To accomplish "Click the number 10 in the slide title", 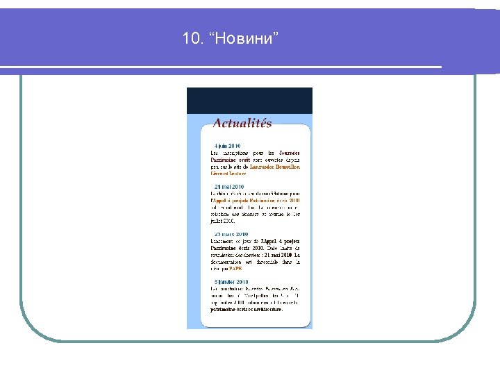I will tap(190, 39).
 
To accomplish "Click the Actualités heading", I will tap(242, 124).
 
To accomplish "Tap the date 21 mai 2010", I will tap(228, 187).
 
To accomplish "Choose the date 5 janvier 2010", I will tap(231, 281).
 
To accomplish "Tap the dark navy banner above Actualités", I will tap(249, 101).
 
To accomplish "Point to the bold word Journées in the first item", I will tap(287, 153).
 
